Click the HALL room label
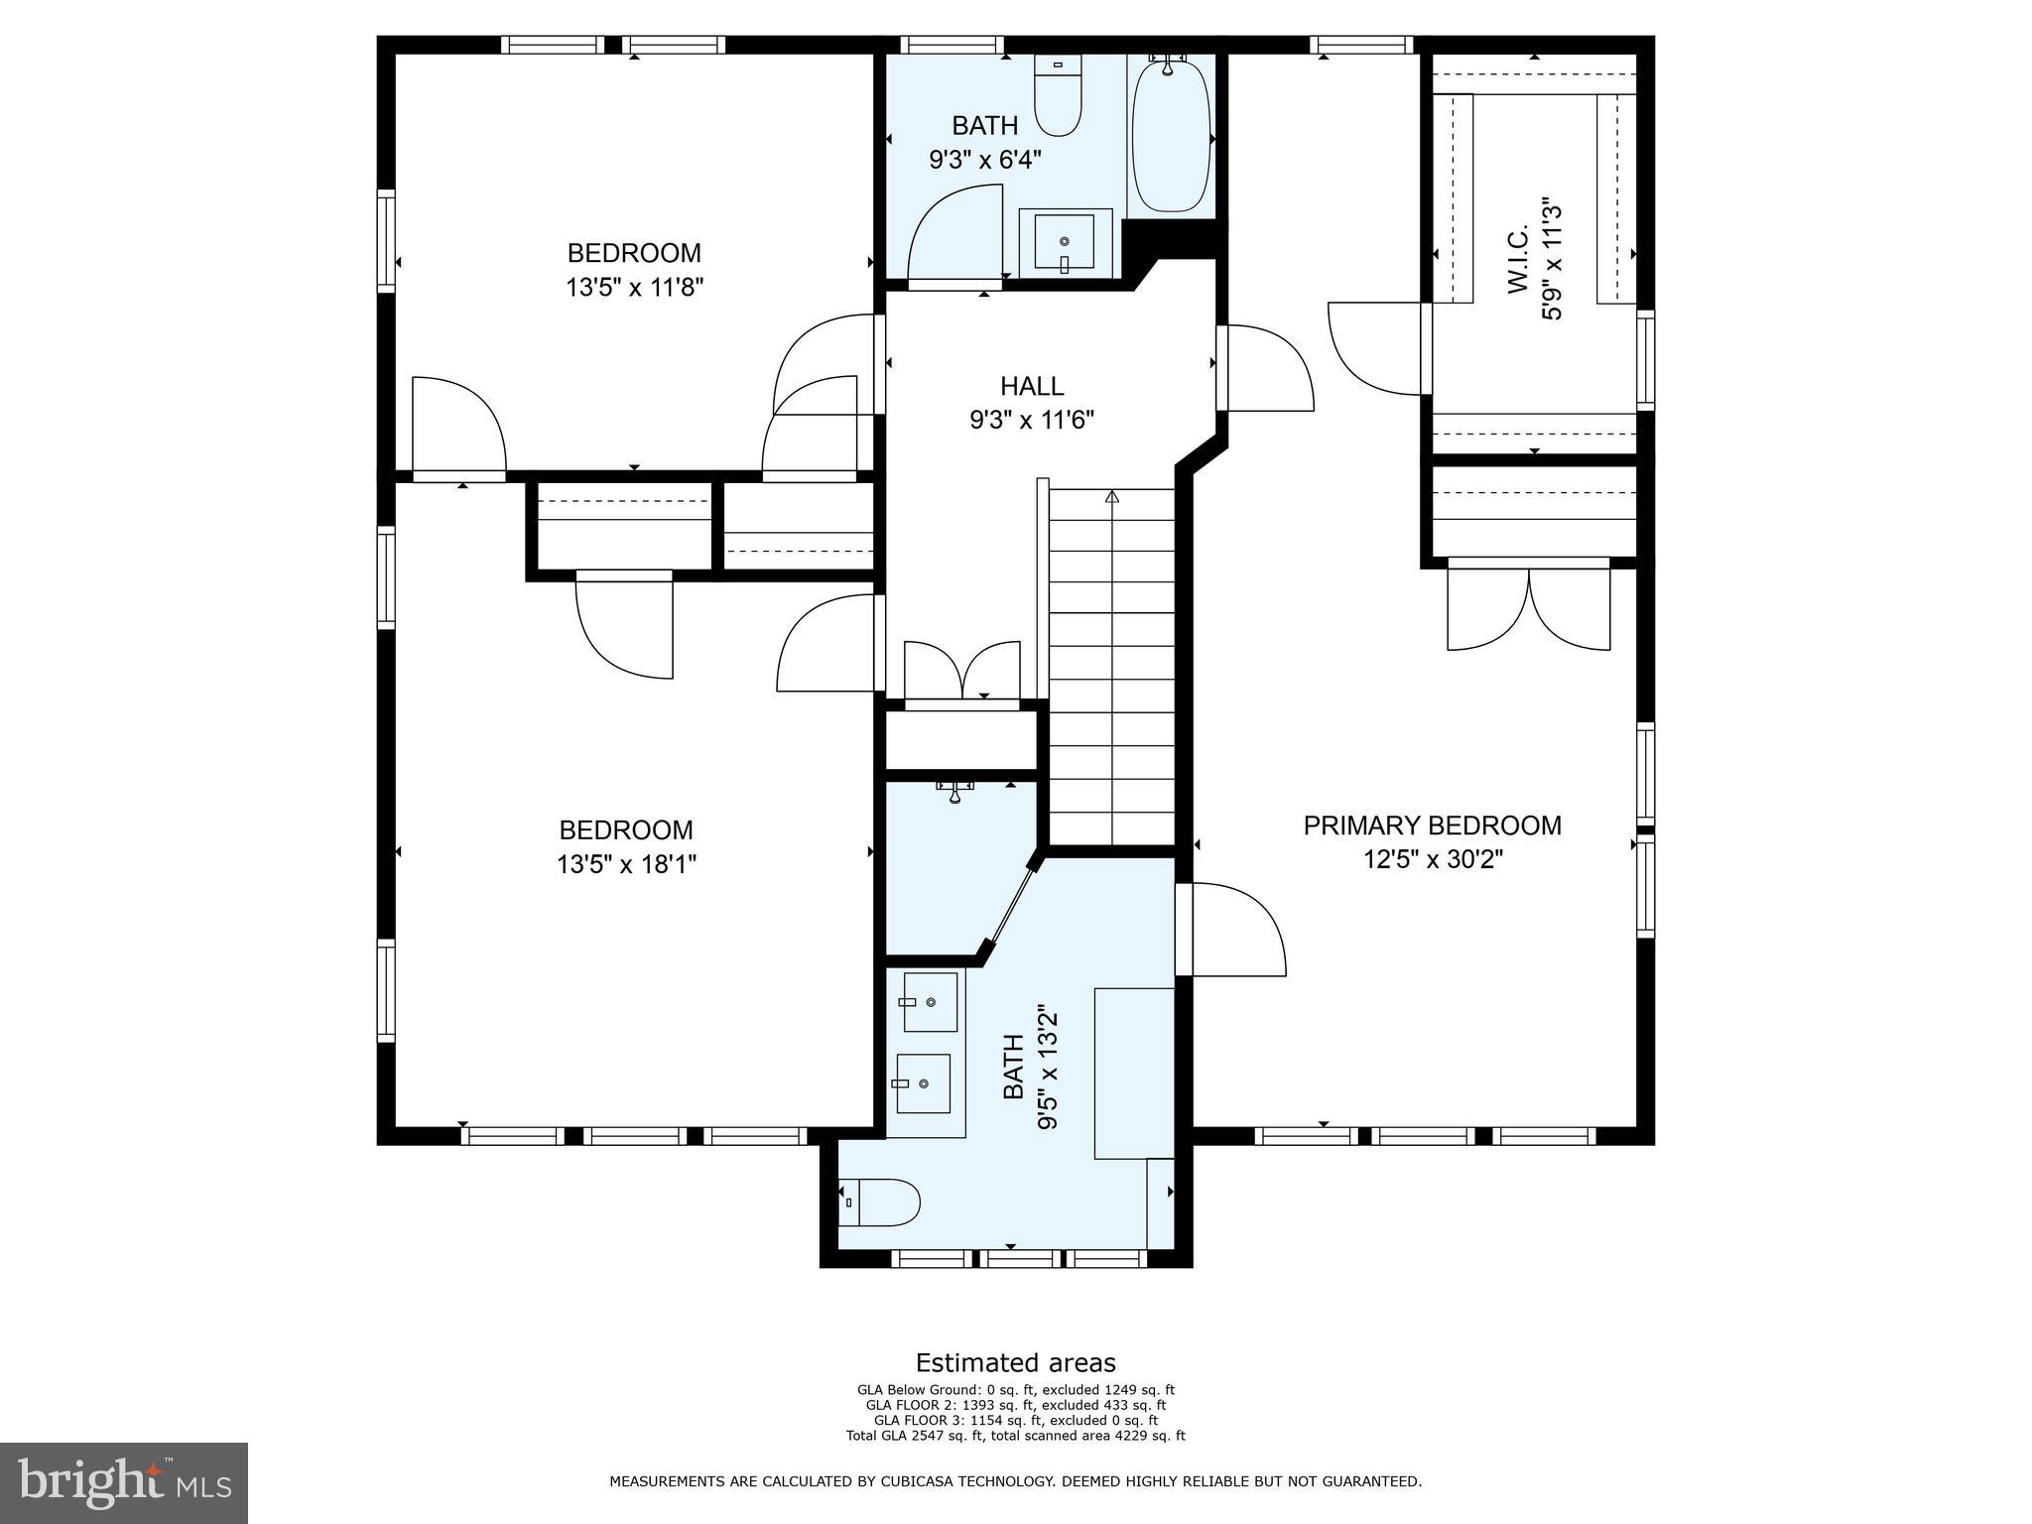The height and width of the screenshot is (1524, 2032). [x=1032, y=386]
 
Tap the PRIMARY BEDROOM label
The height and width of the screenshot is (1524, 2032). [x=1432, y=825]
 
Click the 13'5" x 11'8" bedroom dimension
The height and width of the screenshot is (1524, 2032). [x=635, y=288]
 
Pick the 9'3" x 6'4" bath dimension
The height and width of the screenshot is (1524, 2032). [x=985, y=159]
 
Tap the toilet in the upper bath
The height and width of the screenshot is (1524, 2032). [x=1058, y=95]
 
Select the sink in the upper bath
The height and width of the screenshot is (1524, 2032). [x=1065, y=241]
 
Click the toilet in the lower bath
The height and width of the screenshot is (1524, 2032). [x=880, y=1203]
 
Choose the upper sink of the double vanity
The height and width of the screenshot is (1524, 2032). [x=931, y=1002]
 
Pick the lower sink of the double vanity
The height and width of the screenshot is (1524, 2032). [x=923, y=1083]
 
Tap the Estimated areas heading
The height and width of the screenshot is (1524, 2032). [x=1015, y=1363]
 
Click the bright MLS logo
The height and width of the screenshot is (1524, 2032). [x=124, y=1483]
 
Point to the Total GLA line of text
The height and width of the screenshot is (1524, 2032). [x=1015, y=1436]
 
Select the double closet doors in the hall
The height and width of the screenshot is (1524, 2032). [x=961, y=673]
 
